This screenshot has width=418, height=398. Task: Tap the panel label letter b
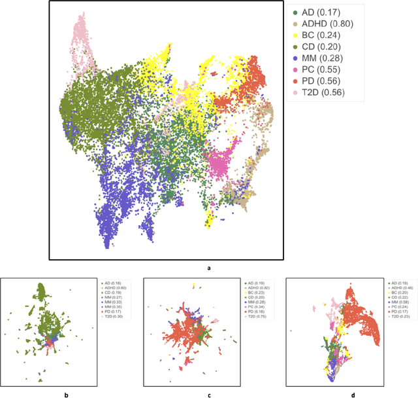65,394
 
